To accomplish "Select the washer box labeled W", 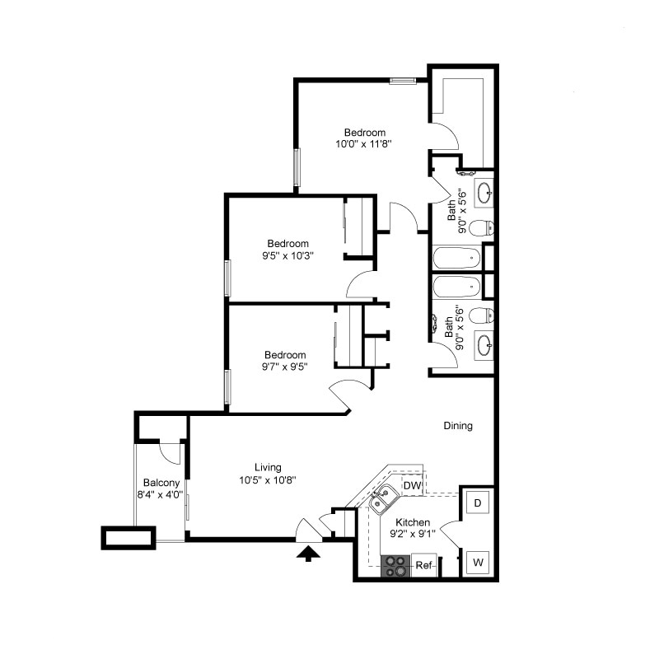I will click(x=478, y=563).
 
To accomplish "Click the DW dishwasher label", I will click(x=412, y=488).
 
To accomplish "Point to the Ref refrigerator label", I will click(x=423, y=565).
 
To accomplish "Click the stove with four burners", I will click(x=395, y=565).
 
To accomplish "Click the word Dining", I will click(x=458, y=426).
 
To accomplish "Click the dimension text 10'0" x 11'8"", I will click(x=363, y=143).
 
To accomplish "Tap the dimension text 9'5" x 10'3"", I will click(x=287, y=255).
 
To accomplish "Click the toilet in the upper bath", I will click(x=486, y=227).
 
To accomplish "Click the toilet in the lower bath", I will click(x=486, y=314).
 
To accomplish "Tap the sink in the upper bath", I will click(x=484, y=194).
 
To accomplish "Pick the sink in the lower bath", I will click(x=484, y=344).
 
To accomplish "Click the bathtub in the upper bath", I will click(x=456, y=258).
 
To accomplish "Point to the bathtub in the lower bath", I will click(x=456, y=287).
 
